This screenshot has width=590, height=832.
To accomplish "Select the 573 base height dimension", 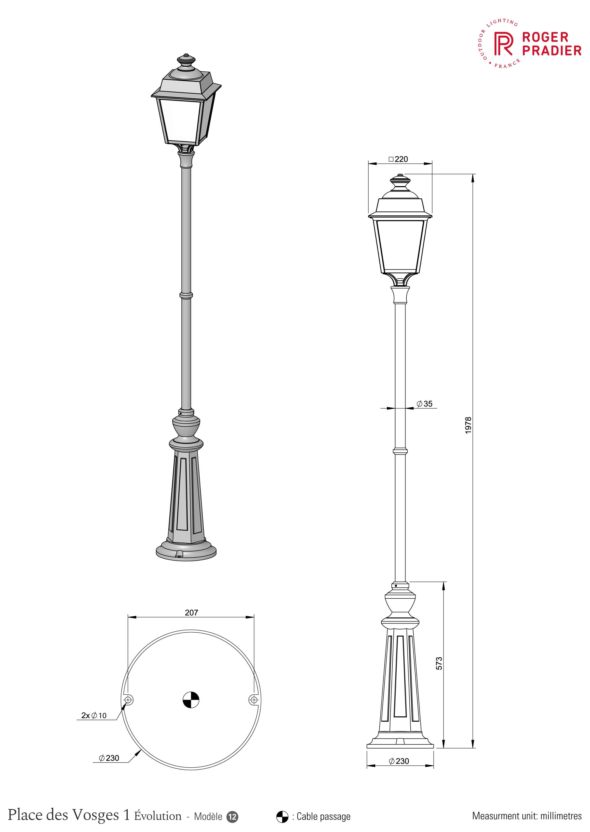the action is coord(439,663).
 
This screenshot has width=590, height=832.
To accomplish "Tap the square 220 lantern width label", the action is coord(398,159).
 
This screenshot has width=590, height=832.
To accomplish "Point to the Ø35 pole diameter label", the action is coord(424,403).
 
